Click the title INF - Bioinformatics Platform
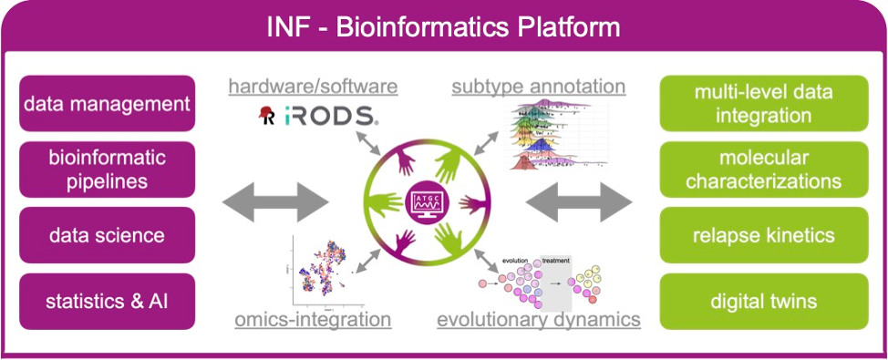tap(443, 26)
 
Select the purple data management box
tap(108, 104)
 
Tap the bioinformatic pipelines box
tap(108, 170)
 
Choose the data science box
tap(108, 235)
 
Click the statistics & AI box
tap(108, 301)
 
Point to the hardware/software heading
tap(313, 87)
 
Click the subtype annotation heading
tap(539, 87)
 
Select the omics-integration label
tap(313, 320)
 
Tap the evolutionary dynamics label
tap(538, 320)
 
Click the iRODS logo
tap(314, 116)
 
